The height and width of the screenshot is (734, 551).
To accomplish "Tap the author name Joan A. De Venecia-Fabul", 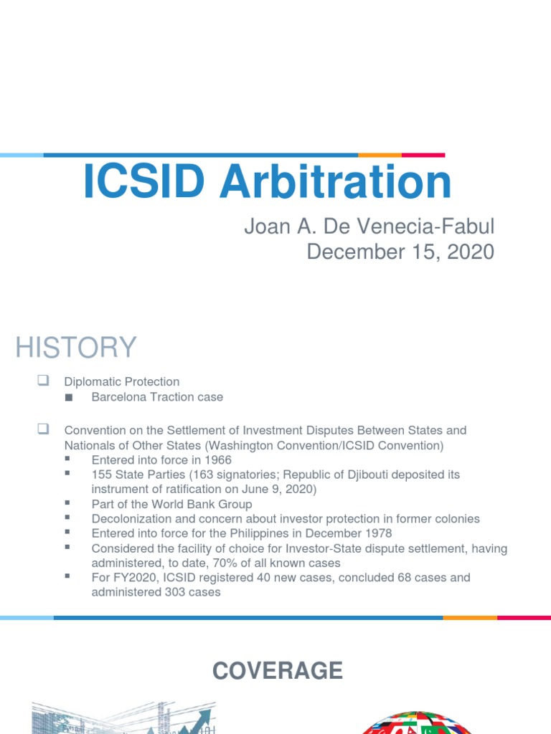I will click(x=369, y=227).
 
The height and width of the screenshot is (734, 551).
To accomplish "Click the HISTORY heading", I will click(x=75, y=348).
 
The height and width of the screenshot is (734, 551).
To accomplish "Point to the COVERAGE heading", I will click(x=278, y=671).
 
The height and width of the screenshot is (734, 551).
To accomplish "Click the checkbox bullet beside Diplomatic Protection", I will click(x=42, y=381).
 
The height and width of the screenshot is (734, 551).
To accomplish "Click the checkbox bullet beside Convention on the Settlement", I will click(x=42, y=430).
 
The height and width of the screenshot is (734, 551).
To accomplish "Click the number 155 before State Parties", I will click(x=102, y=475).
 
